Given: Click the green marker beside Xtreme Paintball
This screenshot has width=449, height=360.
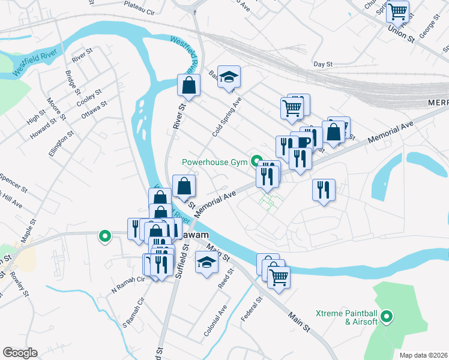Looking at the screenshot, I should (x=387, y=316).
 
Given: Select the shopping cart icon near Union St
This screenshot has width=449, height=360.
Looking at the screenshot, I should (x=398, y=11).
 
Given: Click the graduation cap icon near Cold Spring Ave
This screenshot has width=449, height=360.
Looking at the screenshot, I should (x=229, y=76).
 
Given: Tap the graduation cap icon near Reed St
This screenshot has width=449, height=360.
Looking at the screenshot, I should (x=207, y=262).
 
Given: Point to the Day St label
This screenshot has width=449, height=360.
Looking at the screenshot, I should (x=323, y=64).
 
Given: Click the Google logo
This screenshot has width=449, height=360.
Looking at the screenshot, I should (x=20, y=353).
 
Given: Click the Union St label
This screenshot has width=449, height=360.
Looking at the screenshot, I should (x=402, y=34).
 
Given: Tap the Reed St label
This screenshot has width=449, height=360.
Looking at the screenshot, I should (x=225, y=278).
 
